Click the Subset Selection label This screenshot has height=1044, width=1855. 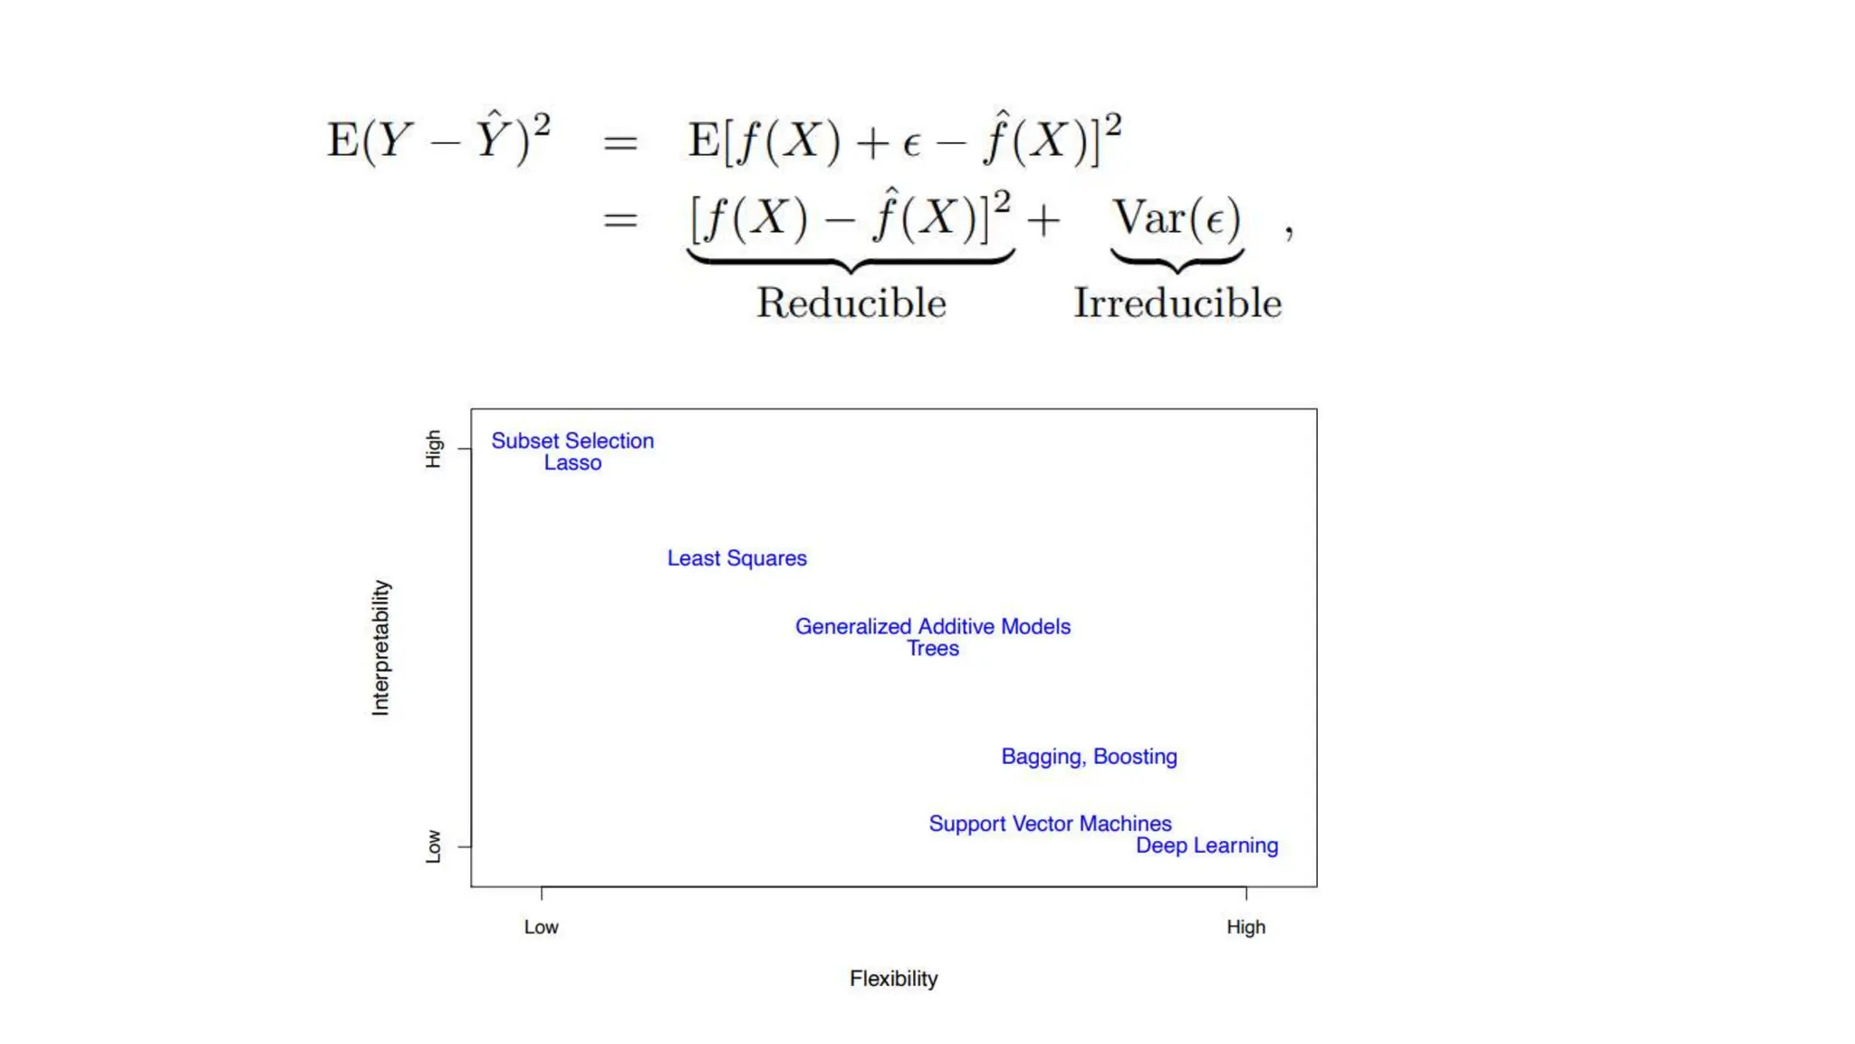(x=572, y=441)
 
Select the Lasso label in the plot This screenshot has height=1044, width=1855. (x=572, y=463)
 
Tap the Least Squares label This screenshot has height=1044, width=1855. (x=736, y=558)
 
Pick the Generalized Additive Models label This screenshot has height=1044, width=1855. (x=932, y=626)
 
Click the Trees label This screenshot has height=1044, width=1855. (x=933, y=649)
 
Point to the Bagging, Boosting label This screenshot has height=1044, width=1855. (x=1089, y=757)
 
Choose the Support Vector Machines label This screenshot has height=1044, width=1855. (x=1050, y=824)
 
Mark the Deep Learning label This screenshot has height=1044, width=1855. (x=1206, y=846)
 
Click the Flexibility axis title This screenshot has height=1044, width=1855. (x=893, y=979)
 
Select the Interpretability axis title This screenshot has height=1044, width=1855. (x=380, y=648)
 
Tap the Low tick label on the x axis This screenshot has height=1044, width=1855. (x=541, y=927)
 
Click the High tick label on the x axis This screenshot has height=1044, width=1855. (x=1245, y=927)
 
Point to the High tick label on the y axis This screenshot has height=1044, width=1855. (x=434, y=449)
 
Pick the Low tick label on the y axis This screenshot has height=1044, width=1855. (x=434, y=846)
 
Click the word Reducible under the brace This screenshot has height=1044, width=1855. (x=851, y=303)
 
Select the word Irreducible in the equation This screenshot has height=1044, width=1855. (x=1177, y=303)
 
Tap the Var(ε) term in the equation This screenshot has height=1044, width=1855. (x=1177, y=218)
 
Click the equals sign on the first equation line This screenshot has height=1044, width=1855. (x=620, y=142)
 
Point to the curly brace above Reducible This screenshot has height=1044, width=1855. (x=851, y=261)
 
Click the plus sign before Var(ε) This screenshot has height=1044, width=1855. (x=1043, y=220)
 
